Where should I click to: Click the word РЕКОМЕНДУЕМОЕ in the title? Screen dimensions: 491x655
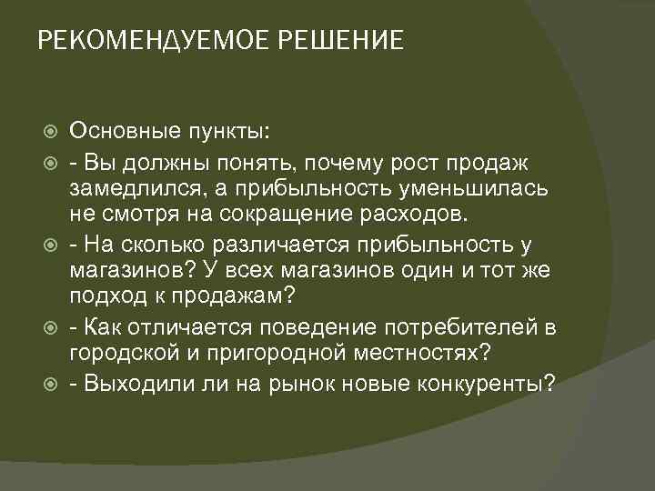154,42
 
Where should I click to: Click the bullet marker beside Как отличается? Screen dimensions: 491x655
49,329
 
